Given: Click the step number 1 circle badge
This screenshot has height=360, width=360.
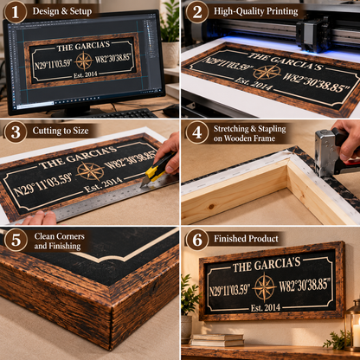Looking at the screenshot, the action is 15,12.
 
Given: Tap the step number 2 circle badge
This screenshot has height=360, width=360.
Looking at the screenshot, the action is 197,12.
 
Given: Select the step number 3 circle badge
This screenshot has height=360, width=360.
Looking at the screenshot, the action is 16,132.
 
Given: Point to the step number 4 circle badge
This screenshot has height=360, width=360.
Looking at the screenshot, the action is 197,132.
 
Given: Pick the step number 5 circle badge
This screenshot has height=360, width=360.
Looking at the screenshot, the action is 16,240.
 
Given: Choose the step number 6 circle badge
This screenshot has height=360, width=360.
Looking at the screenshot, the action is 197,240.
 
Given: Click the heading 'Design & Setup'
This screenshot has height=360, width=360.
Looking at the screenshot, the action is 62,11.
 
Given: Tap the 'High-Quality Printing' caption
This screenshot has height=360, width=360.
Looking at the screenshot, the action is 255,11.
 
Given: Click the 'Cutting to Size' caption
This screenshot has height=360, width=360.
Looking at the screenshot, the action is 61,131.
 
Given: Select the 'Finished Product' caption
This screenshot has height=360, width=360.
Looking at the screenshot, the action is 246,239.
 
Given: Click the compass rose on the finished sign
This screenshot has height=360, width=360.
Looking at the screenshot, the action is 264,286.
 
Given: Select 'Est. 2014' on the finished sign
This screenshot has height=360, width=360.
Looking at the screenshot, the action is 266,307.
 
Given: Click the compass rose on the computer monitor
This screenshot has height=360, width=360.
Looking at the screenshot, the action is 84,61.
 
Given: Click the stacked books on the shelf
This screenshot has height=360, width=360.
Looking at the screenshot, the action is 217,340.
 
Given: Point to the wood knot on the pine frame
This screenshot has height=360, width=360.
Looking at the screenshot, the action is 212,207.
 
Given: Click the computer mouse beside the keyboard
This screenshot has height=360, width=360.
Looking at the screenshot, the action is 171,110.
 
